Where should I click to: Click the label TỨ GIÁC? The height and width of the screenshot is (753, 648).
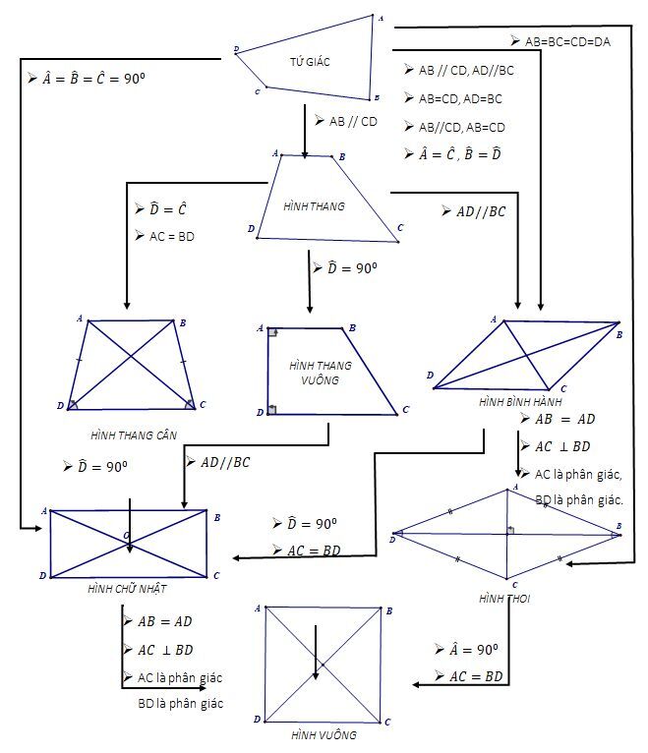pos(310,62)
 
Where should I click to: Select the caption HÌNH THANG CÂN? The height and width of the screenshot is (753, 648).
pos(134,434)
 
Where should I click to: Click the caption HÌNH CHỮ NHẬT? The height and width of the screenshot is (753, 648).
pos(128,588)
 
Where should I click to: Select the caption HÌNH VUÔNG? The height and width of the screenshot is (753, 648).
pos(324,734)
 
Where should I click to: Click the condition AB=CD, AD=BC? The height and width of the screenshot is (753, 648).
pos(460,98)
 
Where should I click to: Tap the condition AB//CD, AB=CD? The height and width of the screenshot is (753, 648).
pos(461,127)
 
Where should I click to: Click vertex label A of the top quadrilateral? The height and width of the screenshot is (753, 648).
pos(381,18)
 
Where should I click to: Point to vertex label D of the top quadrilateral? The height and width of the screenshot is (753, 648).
pos(237,48)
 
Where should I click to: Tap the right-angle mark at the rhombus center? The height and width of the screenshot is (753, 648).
pos(510,530)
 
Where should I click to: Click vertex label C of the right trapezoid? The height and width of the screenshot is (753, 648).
pos(405,410)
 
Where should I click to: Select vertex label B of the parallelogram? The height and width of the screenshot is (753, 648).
pos(619,335)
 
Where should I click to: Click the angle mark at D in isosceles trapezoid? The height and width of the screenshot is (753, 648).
pos(73,403)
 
